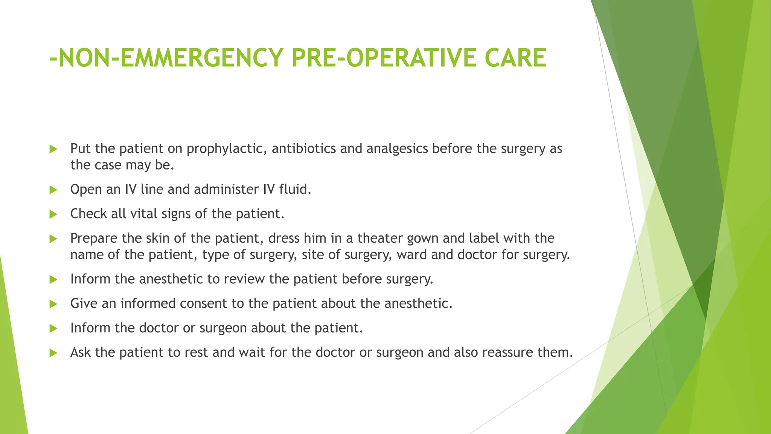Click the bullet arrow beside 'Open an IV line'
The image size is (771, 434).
coord(53,190)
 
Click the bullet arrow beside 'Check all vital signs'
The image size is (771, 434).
coord(53,214)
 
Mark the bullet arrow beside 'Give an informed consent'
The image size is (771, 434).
coord(53,304)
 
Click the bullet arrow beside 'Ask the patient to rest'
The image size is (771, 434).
coord(53,353)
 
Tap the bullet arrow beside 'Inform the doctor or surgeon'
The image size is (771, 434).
coord(53,329)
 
